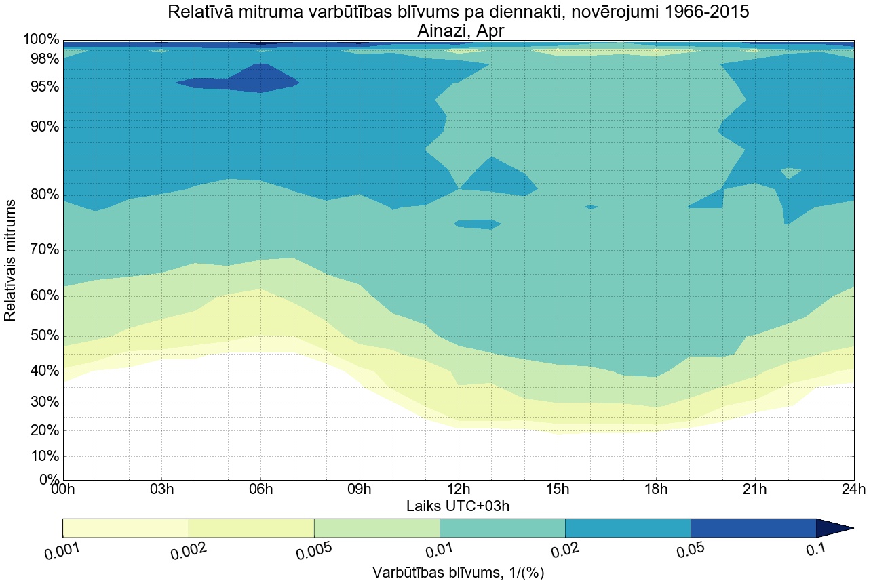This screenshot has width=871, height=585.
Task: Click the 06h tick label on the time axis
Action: click(260, 489)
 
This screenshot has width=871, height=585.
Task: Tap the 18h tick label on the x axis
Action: click(655, 489)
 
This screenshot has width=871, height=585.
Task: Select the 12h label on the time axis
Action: click(458, 489)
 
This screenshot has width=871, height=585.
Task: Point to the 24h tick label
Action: click(852, 489)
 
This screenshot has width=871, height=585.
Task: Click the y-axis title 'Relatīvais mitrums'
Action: click(11, 261)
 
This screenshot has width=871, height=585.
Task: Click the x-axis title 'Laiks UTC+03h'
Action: click(458, 506)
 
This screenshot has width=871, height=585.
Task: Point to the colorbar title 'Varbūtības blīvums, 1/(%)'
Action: click(458, 573)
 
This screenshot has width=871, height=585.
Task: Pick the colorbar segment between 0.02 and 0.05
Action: click(627, 528)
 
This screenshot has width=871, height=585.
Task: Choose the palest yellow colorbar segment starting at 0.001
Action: click(125, 528)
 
